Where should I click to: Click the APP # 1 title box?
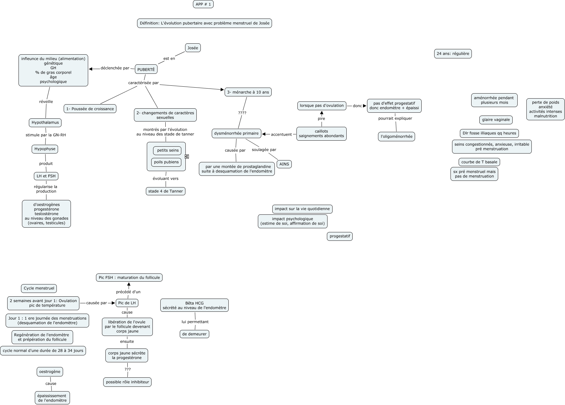(203, 4)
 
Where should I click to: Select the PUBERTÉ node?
(146, 69)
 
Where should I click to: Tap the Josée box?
(193, 48)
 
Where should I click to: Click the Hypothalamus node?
(45, 122)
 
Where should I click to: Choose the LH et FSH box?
(46, 176)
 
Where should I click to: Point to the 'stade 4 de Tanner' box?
(166, 191)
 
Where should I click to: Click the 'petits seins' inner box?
(168, 150)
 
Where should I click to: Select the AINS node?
(284, 164)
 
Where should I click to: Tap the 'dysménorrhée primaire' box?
(236, 133)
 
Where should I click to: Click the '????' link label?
(242, 113)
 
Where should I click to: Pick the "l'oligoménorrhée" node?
(397, 137)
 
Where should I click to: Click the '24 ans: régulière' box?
(453, 54)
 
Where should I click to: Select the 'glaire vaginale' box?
(496, 120)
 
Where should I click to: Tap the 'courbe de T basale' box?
(479, 162)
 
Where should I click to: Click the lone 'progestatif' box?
(340, 236)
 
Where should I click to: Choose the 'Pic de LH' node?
(127, 303)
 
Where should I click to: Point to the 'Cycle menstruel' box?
(39, 288)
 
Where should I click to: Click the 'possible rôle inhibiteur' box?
(127, 382)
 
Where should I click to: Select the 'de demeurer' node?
(195, 334)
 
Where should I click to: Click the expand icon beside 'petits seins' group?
(187, 156)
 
